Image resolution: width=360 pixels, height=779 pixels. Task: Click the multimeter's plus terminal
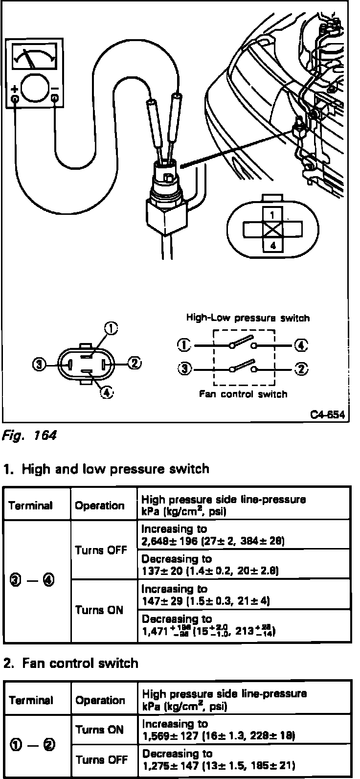point(15,98)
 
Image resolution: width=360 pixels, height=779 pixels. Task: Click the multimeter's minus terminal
point(55,98)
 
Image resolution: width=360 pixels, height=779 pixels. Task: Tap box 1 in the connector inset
point(272,214)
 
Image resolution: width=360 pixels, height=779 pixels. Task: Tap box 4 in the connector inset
point(272,245)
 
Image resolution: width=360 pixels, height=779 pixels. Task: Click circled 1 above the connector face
point(112,329)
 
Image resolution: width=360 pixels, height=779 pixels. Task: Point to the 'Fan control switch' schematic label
point(243,394)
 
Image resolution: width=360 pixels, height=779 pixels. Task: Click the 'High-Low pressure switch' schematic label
point(247,318)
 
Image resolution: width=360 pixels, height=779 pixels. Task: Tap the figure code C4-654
point(328,415)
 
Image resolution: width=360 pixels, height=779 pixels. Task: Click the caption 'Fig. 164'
point(29,435)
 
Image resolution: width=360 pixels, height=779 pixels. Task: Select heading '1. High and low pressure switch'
point(106,469)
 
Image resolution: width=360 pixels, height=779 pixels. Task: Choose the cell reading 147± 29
point(244,595)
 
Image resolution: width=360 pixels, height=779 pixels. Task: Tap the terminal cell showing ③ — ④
point(37,581)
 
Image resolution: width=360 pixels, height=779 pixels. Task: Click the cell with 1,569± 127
point(244,730)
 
